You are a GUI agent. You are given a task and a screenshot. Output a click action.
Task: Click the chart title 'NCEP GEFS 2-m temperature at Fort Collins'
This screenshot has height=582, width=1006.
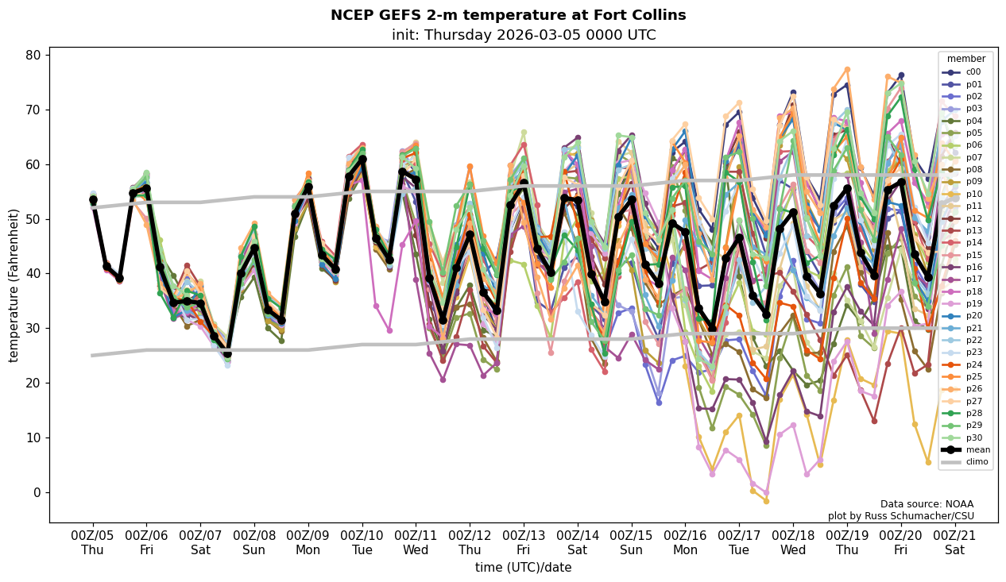point(508,15)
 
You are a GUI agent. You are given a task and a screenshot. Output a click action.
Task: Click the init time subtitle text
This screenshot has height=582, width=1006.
point(524,35)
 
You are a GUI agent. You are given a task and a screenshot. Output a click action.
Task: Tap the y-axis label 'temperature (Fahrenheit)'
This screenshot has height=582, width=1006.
point(14,285)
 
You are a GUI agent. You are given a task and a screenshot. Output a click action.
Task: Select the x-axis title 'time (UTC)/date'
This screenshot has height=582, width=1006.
point(523,567)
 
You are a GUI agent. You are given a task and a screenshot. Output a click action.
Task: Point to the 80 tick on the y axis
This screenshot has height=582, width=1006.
point(34,56)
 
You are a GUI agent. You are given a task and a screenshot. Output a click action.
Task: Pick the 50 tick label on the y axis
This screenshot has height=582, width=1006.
point(34,219)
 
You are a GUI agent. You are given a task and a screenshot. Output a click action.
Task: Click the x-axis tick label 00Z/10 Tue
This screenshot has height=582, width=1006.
point(362,543)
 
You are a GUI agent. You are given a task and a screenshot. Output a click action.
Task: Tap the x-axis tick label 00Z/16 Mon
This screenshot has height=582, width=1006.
point(685,543)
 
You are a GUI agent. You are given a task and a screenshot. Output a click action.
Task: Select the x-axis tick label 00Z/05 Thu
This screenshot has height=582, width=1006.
point(92,543)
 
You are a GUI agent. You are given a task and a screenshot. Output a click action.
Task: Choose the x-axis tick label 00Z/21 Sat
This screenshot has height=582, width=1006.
point(954,543)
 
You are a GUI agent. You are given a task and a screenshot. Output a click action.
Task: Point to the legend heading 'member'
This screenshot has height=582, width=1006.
point(965,59)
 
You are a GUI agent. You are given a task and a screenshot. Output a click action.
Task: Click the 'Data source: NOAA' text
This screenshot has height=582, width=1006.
point(927,504)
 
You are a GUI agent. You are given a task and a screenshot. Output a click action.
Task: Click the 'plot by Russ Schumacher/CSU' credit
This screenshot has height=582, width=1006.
point(900,516)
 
